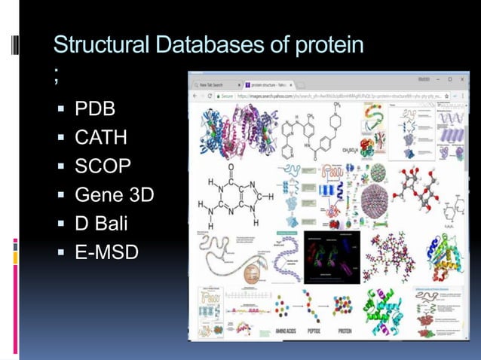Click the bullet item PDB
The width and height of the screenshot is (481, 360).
[x=95, y=110]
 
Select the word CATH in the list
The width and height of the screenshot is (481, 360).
[x=101, y=138]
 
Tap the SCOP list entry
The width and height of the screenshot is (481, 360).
[x=103, y=166]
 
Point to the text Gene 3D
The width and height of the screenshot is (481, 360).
[x=114, y=195]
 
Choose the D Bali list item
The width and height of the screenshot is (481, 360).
[x=106, y=224]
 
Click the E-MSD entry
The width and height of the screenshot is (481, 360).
[x=106, y=252]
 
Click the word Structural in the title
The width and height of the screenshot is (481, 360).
[x=101, y=45]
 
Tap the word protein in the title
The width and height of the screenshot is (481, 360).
[x=322, y=45]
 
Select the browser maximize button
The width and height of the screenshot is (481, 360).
[x=448, y=79]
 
